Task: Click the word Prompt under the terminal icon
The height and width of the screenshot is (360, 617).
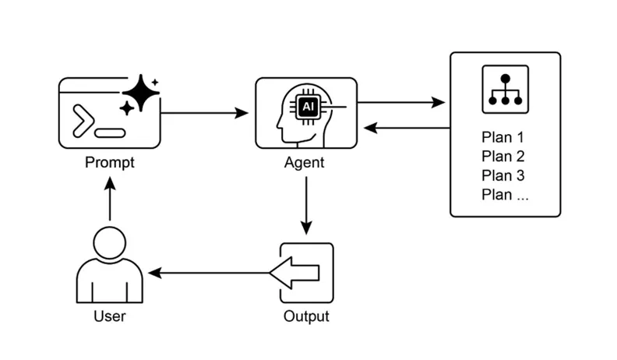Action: pos(110,163)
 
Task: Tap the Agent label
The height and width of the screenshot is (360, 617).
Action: pos(305,163)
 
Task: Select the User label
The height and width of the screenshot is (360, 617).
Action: pos(110,316)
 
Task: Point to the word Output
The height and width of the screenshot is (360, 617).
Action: pos(305,316)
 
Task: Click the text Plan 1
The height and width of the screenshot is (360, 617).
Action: pos(502,138)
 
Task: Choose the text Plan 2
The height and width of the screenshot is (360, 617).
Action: pos(502,157)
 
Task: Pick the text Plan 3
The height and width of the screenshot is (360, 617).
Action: pos(502,175)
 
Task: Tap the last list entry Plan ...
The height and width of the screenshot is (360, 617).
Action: pos(505,194)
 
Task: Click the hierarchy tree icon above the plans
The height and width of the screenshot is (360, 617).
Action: pos(505,88)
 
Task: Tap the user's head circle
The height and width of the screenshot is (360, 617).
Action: pos(110,242)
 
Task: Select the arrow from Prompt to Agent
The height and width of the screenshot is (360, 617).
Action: pos(204,113)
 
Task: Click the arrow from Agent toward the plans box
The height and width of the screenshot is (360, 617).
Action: pos(400,102)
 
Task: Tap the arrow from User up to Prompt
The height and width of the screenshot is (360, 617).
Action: pos(110,199)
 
